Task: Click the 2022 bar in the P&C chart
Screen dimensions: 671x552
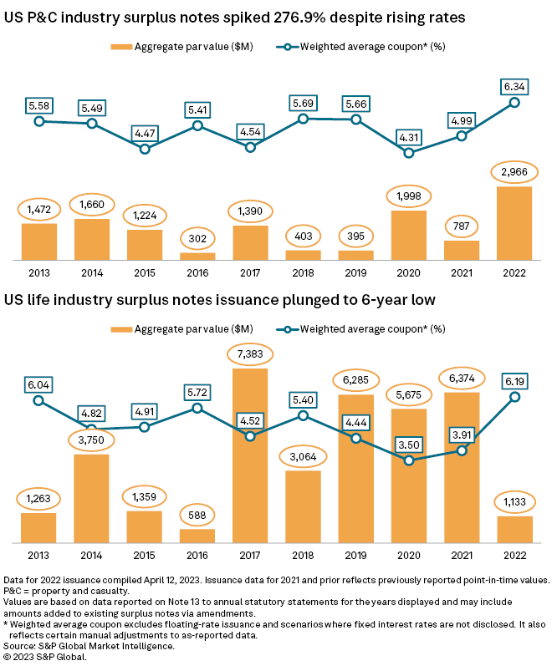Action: click(x=514, y=223)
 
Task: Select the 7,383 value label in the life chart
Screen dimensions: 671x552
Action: click(x=251, y=356)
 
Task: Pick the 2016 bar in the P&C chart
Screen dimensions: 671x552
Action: click(x=197, y=257)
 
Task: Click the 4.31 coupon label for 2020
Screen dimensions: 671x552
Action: click(x=409, y=137)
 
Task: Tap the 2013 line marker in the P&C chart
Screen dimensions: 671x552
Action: click(x=38, y=121)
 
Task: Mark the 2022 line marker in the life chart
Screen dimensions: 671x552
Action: click(x=514, y=397)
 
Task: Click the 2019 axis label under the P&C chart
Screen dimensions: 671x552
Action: click(x=356, y=272)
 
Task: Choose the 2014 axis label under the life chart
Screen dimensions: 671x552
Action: click(x=91, y=555)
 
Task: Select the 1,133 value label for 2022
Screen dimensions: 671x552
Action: click(x=514, y=501)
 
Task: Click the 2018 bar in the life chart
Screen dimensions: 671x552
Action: click(x=303, y=506)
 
